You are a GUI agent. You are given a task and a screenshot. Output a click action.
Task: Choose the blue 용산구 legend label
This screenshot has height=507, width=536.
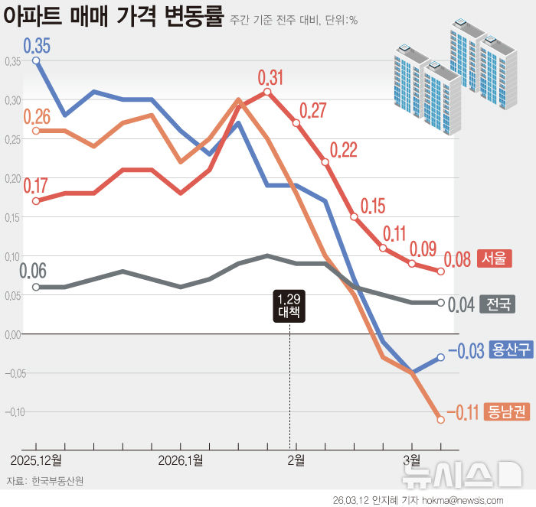tap(511, 350)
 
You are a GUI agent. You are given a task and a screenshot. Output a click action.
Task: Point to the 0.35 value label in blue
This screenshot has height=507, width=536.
tap(37, 45)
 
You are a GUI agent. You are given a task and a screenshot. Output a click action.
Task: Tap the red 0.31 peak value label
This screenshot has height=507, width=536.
tap(270, 77)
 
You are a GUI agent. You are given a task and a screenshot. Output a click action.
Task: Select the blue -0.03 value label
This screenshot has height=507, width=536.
tap(466, 351)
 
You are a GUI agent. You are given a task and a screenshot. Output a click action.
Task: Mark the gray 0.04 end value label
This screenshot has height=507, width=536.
tap(460, 304)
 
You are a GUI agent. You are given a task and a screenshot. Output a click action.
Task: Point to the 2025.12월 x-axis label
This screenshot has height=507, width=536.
tap(36, 460)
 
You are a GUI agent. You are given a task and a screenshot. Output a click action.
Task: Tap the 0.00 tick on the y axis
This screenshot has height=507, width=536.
tap(13, 334)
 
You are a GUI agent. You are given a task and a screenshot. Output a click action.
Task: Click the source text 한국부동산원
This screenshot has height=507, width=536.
tap(57, 481)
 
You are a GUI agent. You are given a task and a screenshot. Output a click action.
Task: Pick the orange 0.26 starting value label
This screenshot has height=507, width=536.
tap(37, 116)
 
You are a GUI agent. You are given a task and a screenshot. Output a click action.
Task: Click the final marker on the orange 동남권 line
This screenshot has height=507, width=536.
tap(440, 419)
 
